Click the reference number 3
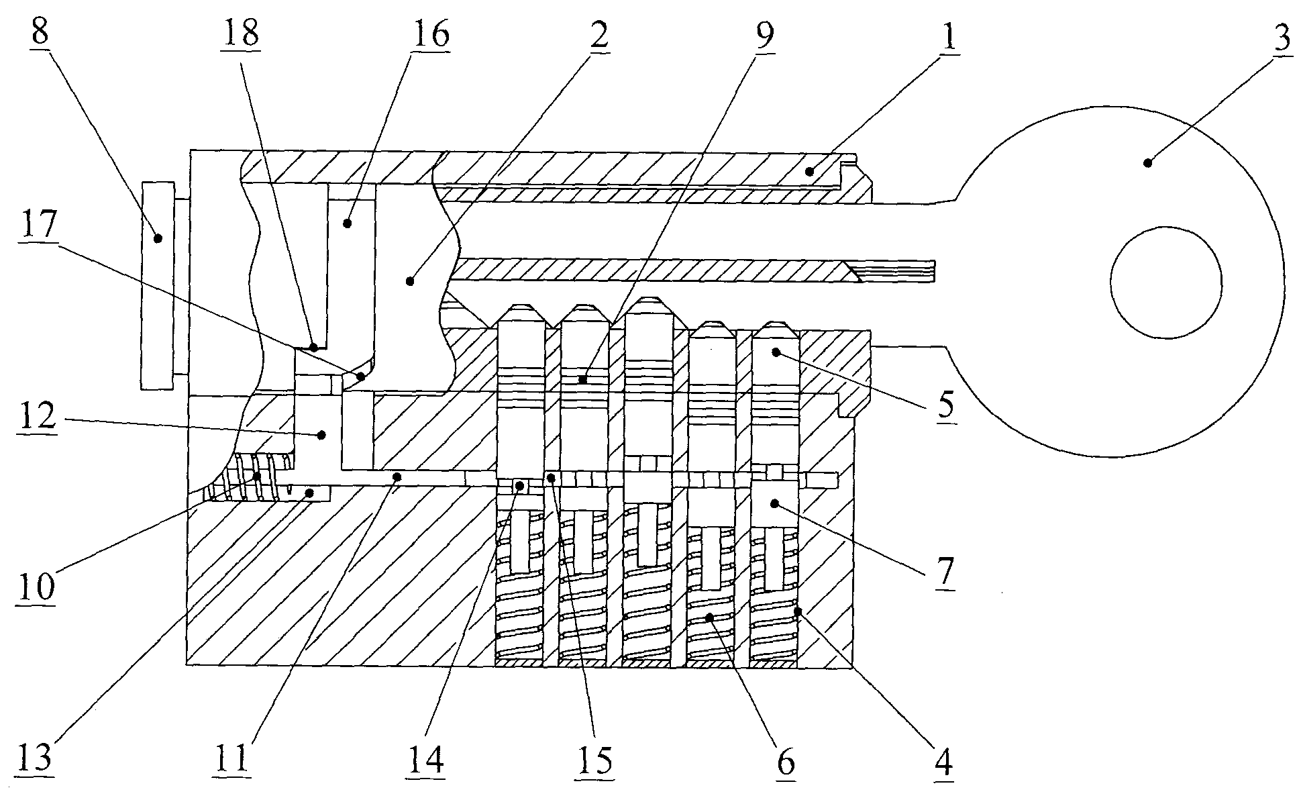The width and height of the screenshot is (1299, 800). [x=1281, y=38]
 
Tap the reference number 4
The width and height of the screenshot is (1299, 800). [x=944, y=761]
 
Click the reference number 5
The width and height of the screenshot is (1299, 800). [x=945, y=405]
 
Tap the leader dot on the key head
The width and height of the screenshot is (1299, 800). [x=1148, y=162]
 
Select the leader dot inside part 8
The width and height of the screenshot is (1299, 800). [x=158, y=238]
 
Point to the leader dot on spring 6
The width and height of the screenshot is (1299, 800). [x=711, y=615]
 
